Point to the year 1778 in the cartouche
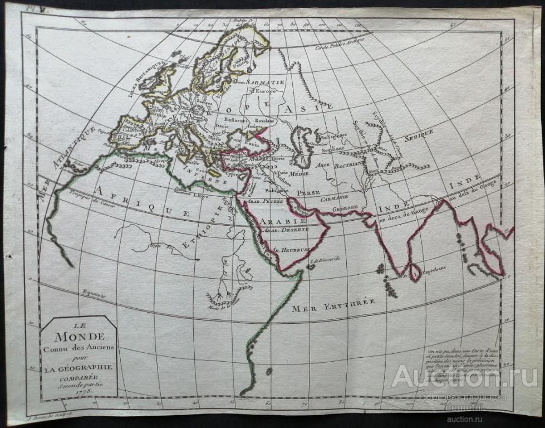[78, 392]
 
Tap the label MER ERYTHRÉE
[334, 304]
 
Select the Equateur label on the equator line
[94, 292]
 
